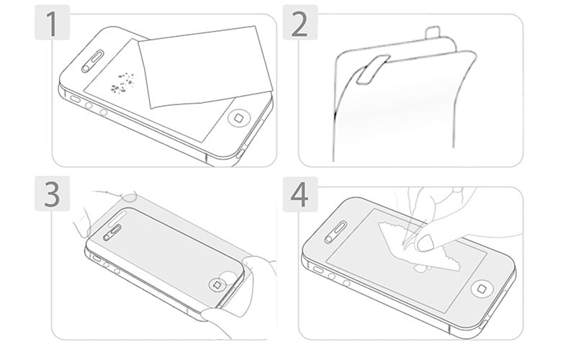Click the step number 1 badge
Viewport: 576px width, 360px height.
coord(52,22)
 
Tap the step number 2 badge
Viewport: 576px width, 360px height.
coord(300,22)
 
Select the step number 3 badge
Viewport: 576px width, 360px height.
coord(52,194)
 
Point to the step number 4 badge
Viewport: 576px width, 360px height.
coord(300,194)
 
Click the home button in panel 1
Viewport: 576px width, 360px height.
coord(240,118)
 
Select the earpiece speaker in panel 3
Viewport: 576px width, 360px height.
coord(112,233)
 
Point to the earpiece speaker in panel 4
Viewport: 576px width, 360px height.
coord(336,232)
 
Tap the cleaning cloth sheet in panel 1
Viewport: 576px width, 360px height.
coord(204,67)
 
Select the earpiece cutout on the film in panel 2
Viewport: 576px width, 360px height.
coord(372,69)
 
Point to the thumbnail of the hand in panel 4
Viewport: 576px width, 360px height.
coord(426,243)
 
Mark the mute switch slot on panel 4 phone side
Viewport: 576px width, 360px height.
coord(318,270)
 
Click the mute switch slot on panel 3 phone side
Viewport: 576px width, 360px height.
coord(96,258)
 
